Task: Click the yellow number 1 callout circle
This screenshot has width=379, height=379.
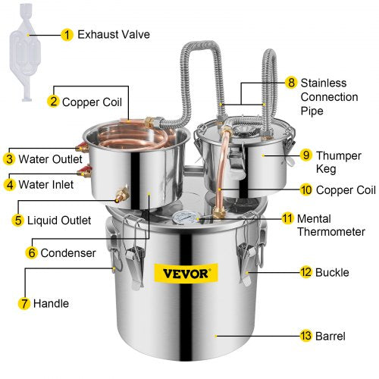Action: coord(67,34)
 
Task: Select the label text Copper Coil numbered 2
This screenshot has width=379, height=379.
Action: coord(93,100)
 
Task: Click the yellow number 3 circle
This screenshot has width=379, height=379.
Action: coord(9,159)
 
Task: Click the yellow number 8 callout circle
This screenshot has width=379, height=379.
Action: coord(291,82)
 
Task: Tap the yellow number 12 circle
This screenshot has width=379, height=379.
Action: coord(305,271)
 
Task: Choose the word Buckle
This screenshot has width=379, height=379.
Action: coord(334,271)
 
